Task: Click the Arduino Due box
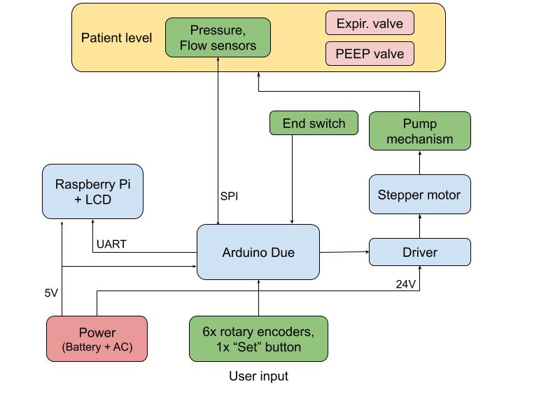[258, 252]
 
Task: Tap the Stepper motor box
[419, 194]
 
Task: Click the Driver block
[419, 252]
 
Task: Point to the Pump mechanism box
[419, 131]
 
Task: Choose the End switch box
[314, 123]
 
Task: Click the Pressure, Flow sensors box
[218, 38]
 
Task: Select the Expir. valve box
[370, 23]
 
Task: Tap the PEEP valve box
[370, 53]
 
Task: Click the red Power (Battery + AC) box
[97, 339]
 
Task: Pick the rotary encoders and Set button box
[258, 339]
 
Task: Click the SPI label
[229, 196]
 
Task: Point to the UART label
[111, 244]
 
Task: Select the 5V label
[51, 293]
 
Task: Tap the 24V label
[406, 284]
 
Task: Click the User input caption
[258, 377]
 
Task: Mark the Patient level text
[116, 38]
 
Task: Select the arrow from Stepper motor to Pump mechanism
[419, 162]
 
